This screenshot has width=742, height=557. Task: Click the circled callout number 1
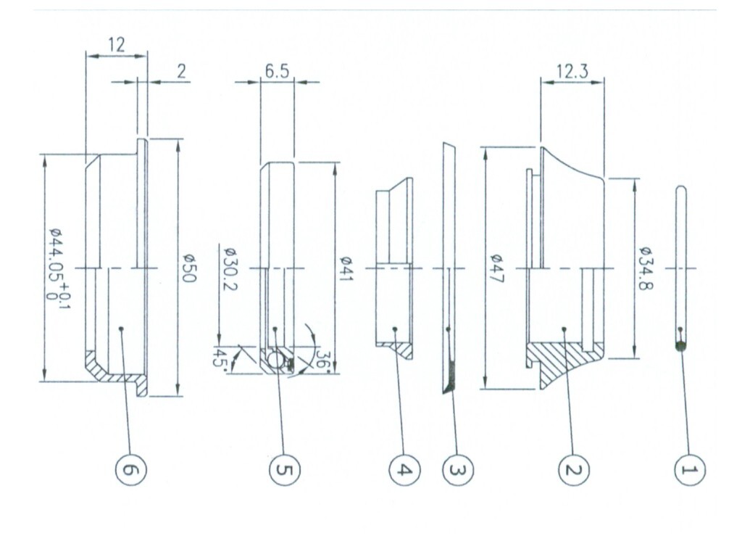[690, 470]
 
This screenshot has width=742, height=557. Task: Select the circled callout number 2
[574, 470]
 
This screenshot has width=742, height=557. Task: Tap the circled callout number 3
[458, 470]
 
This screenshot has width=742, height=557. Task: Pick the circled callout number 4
[404, 470]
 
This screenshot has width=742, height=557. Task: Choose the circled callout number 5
[284, 470]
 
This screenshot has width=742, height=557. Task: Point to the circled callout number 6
[131, 470]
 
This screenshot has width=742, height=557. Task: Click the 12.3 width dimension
[572, 71]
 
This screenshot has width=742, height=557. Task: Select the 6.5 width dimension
[277, 71]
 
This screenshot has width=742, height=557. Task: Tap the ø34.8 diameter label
[645, 268]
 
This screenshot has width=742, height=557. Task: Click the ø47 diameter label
[497, 268]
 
